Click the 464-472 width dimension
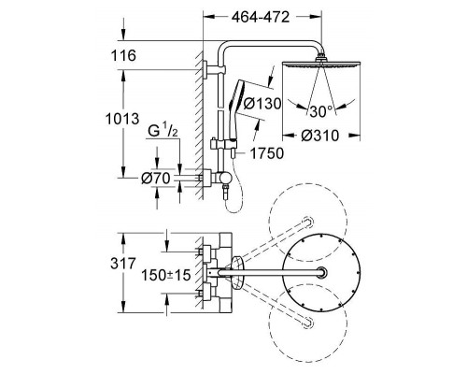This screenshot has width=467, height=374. coord(261,17)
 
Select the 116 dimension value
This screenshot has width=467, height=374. coord(123,56)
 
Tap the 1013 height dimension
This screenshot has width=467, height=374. coord(122,119)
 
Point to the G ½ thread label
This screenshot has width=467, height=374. coord(163,131)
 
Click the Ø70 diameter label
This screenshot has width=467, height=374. coord(156,179)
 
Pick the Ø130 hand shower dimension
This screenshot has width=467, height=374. coord(262,104)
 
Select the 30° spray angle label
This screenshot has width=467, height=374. coord(321,111)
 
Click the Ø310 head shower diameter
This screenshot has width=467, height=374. coord(319,136)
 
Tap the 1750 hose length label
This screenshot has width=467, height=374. coord(267,153)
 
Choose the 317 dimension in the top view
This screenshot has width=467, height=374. coord(123,264)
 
